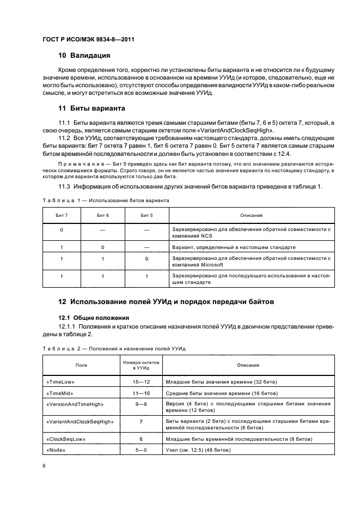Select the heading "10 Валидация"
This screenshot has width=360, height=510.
pos(84,55)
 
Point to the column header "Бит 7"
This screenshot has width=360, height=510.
pos(62,216)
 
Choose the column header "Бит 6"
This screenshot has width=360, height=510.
pos(103,216)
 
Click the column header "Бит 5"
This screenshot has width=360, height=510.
pos(147,216)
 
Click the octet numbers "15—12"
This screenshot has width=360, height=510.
pos(141,382)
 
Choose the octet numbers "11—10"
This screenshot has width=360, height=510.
pos(141,392)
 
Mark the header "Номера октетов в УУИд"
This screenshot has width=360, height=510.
pos(141,365)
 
